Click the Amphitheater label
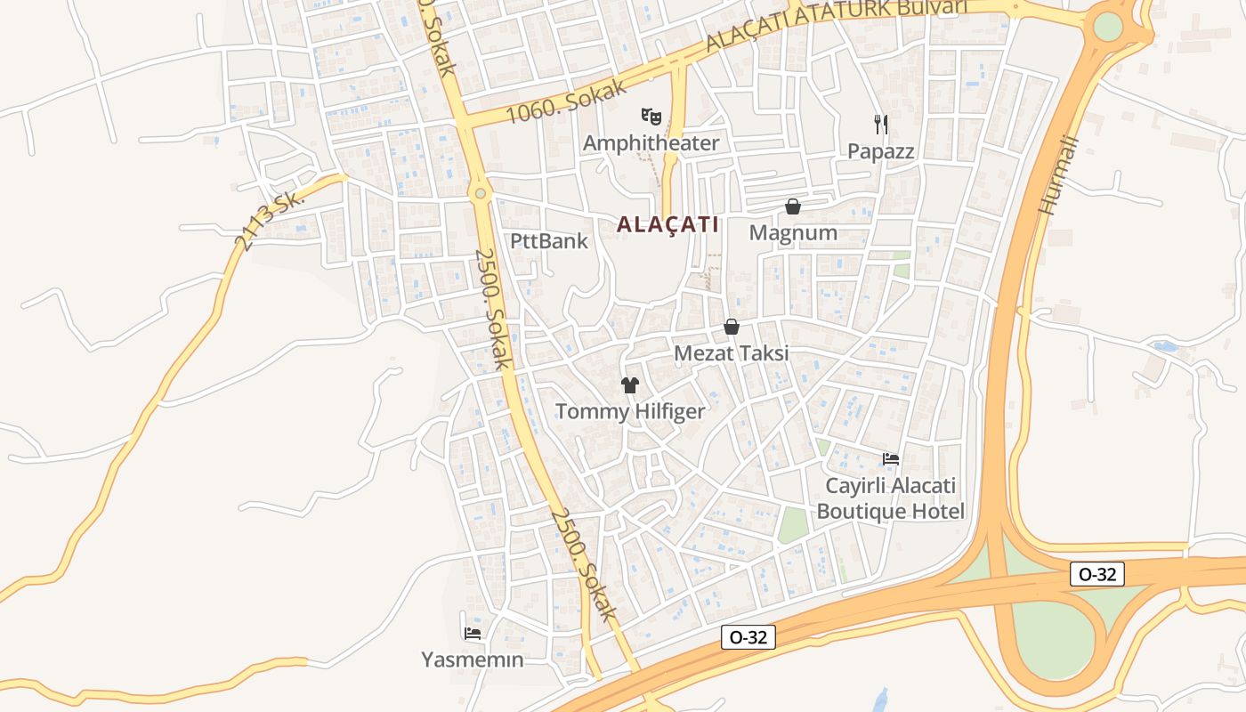tap(651, 142)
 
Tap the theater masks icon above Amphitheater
tap(651, 116)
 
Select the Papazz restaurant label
tap(880, 151)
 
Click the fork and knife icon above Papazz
tap(880, 124)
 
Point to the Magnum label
tap(793, 233)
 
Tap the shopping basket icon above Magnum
tap(793, 206)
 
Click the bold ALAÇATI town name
tap(667, 224)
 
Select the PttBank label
tap(549, 241)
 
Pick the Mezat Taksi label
tap(731, 353)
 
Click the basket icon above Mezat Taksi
tap(732, 327)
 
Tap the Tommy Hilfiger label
tap(630, 412)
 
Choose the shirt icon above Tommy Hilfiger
tap(630, 385)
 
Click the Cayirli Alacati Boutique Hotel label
tap(890, 498)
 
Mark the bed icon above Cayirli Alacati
tap(891, 459)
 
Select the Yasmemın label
tap(472, 660)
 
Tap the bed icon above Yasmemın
tap(473, 634)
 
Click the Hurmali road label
tap(1058, 175)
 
